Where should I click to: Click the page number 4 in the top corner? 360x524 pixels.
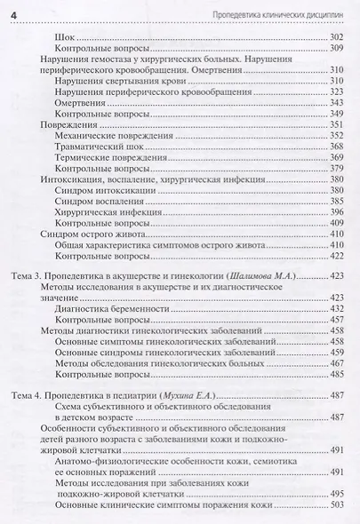coord(10,9)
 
